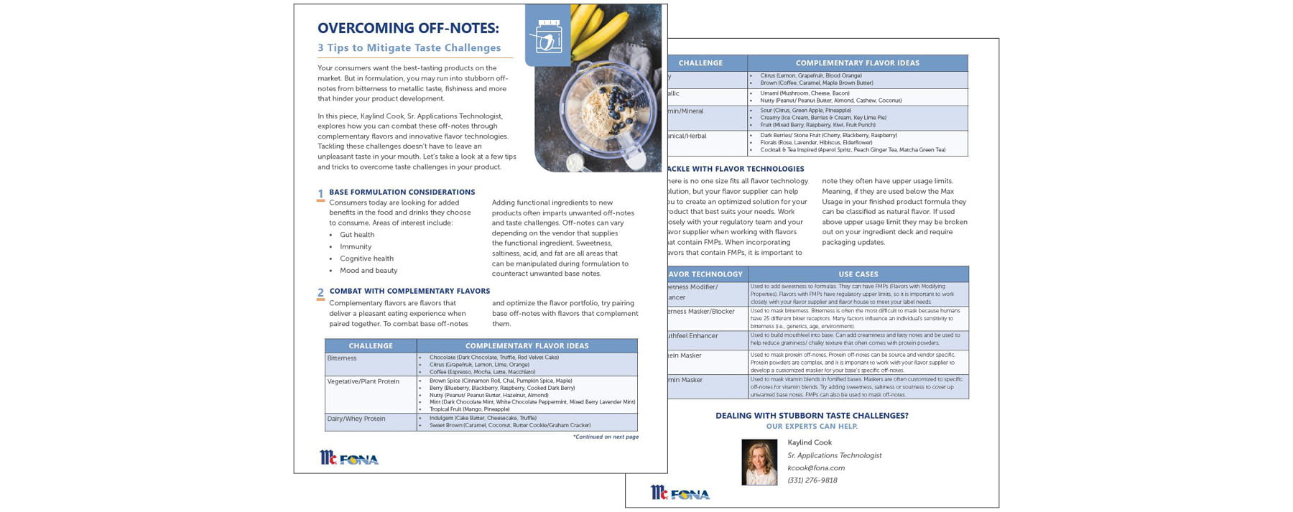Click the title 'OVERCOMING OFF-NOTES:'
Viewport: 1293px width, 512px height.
[408, 28]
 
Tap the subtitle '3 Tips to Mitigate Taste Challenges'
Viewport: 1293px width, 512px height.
[409, 48]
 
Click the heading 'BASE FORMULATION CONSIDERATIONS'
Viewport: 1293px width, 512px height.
[402, 192]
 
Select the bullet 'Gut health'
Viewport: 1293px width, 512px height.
[357, 235]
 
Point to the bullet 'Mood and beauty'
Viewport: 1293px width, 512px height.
[369, 271]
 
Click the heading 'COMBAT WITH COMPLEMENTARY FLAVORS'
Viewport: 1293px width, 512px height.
[409, 292]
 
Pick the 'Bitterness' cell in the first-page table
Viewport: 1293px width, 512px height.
[342, 358]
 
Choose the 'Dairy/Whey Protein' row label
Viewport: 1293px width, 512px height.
[356, 419]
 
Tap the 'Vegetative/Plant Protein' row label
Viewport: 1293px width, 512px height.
[363, 381]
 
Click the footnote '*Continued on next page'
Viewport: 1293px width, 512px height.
[606, 437]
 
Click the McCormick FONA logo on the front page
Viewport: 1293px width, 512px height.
[349, 458]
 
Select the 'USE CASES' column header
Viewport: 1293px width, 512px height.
[858, 274]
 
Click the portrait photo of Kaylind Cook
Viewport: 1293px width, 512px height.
[759, 462]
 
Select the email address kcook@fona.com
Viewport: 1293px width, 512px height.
[816, 468]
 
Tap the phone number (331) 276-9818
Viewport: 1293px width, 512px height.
[812, 480]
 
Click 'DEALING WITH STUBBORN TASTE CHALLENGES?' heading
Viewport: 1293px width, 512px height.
[812, 416]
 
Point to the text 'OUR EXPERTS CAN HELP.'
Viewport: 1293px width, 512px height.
[812, 427]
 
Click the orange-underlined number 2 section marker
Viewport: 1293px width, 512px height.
[320, 293]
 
